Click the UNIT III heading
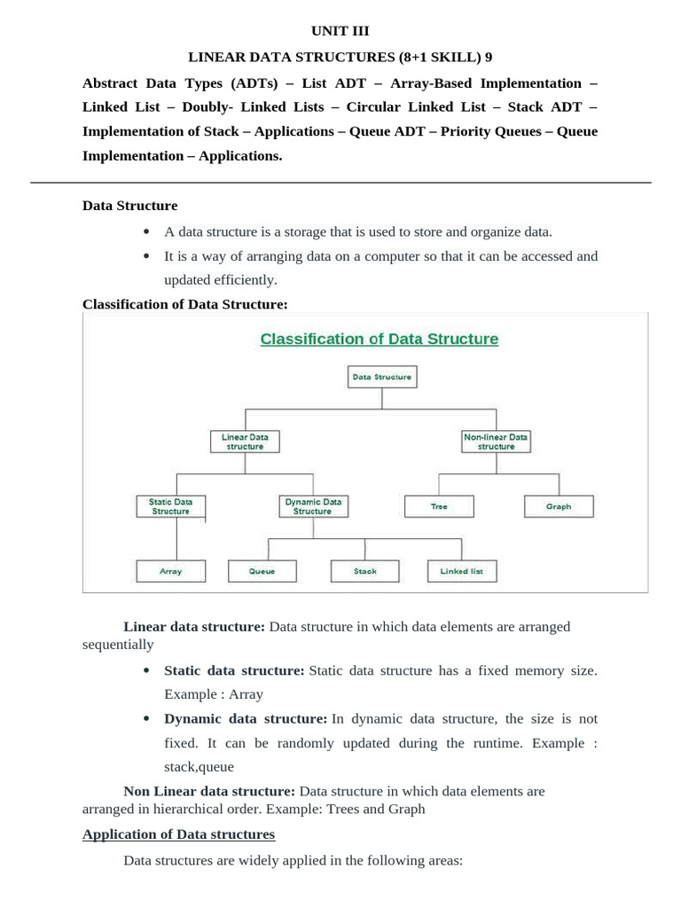[x=340, y=31]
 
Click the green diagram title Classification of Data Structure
[x=379, y=339]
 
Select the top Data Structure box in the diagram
[x=381, y=377]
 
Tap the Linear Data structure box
[x=245, y=442]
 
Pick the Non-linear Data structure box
[x=496, y=442]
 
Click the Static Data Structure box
[x=170, y=506]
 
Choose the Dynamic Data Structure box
[x=312, y=506]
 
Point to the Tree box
[x=439, y=506]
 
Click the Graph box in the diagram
[x=559, y=506]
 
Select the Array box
[x=170, y=571]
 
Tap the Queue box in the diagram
[x=262, y=571]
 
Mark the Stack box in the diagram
[x=365, y=571]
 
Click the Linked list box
[x=462, y=571]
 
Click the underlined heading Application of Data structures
[x=178, y=834]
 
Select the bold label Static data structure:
[x=234, y=671]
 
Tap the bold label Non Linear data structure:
[x=209, y=791]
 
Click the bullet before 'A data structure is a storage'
[x=146, y=232]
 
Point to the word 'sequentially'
[x=118, y=645]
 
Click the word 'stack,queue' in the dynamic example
[x=199, y=767]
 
